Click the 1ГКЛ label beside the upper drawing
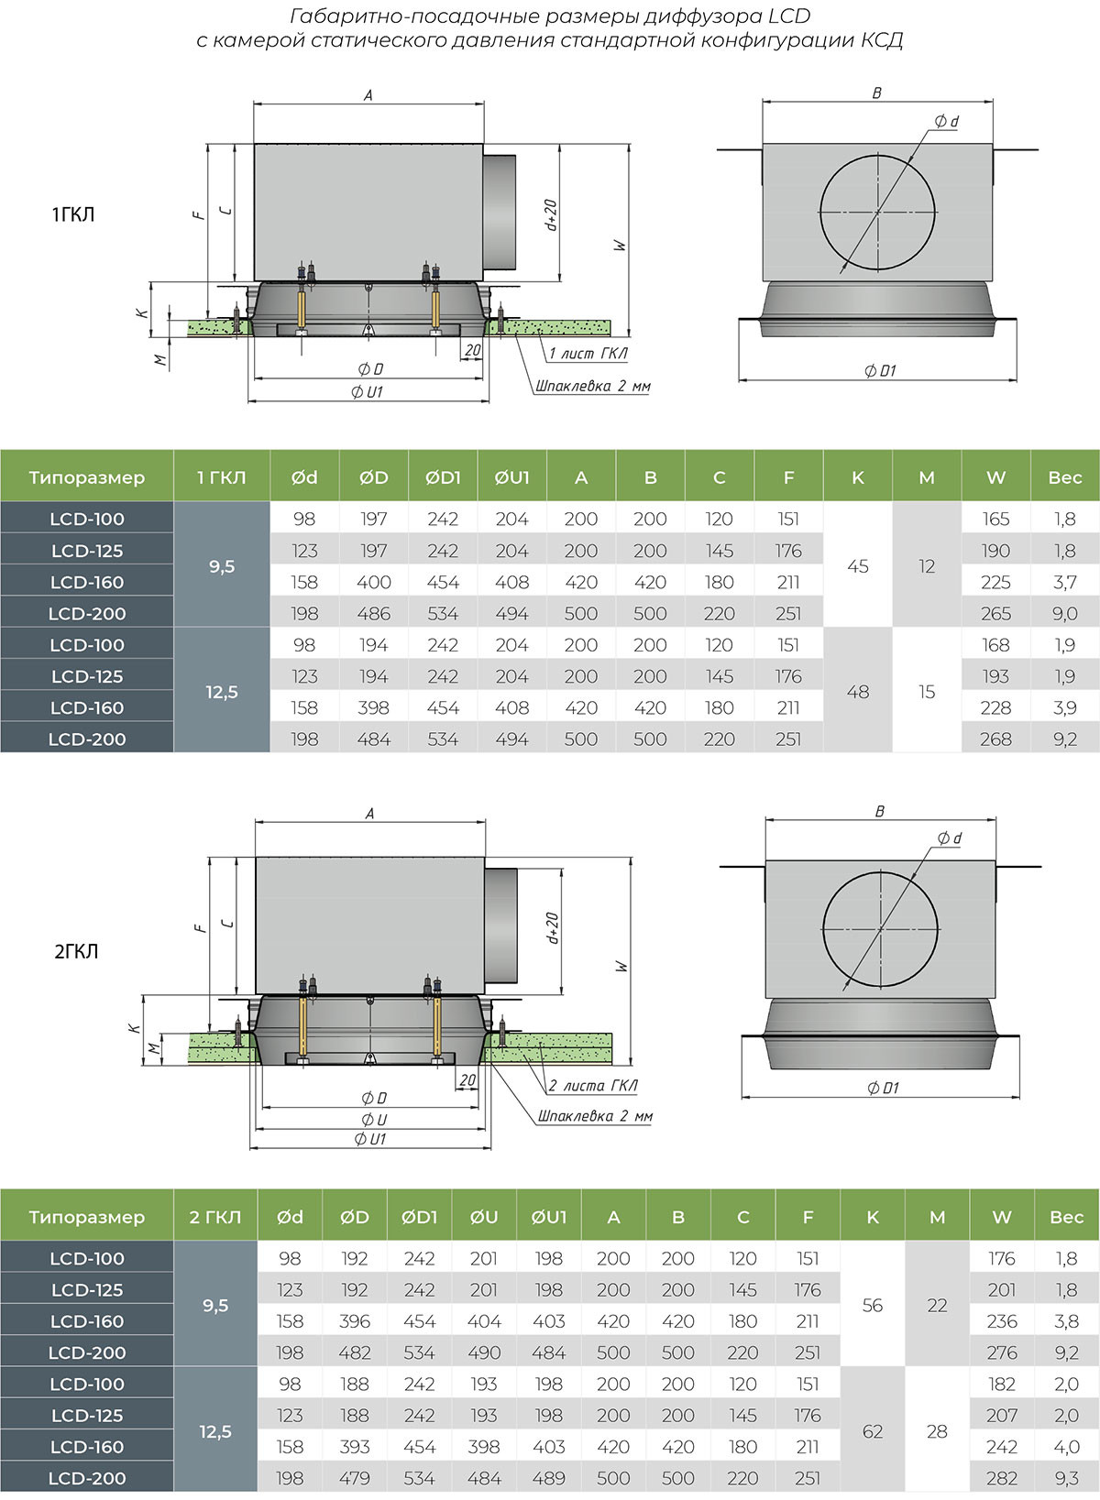coord(73,214)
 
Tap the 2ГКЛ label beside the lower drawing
coord(76,951)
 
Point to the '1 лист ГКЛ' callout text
coord(588,354)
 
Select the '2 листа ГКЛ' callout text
coord(593,1086)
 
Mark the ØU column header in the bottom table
coord(484,1217)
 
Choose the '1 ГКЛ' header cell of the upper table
coord(221,477)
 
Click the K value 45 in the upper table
coord(857,566)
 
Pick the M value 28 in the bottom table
coord(937,1431)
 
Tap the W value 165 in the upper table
coord(995,519)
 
